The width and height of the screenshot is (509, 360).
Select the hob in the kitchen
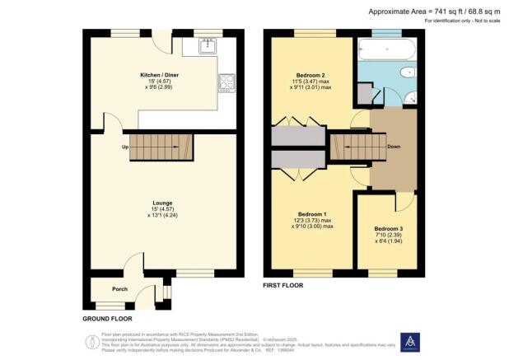226,82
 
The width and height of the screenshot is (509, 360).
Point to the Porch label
120,289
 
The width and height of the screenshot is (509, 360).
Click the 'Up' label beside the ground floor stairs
125,147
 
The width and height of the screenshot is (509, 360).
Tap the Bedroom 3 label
389,228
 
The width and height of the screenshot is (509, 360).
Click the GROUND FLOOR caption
110,318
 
